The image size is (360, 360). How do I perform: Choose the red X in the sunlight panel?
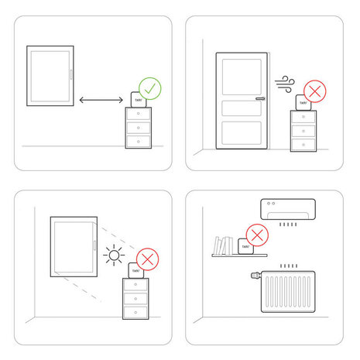click(x=146, y=259)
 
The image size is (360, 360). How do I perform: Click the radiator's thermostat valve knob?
click(x=255, y=274)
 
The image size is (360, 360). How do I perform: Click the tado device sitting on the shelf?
click(x=247, y=248)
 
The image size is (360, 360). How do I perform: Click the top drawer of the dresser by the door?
click(x=303, y=118)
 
